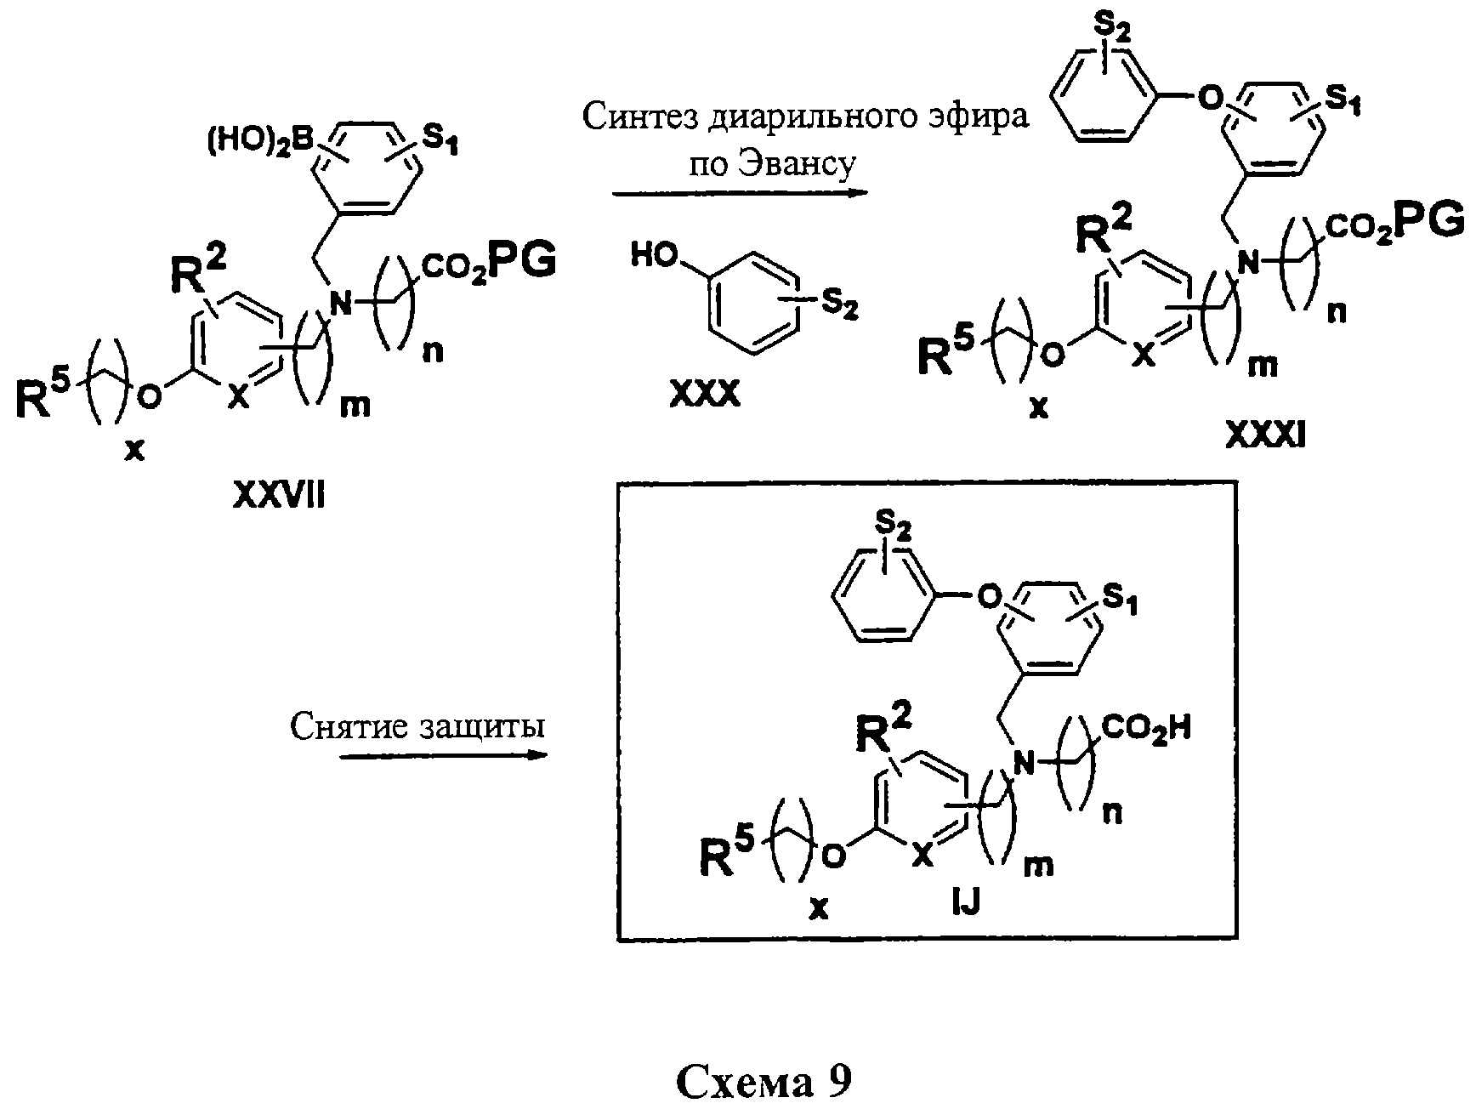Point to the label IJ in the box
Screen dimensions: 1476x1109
click(x=966, y=901)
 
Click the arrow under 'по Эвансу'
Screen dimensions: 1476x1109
click(x=740, y=193)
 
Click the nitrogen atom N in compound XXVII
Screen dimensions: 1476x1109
click(x=341, y=301)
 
